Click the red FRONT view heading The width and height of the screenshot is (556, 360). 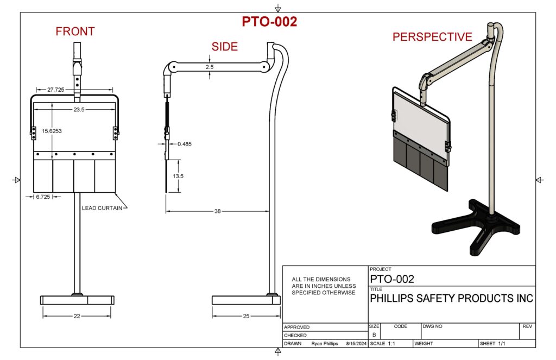(x=75, y=32)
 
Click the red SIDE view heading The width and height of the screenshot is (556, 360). (x=225, y=47)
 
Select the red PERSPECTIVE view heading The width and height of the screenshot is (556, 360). (x=432, y=37)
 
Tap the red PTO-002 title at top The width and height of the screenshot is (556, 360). (x=269, y=22)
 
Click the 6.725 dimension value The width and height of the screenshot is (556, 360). (x=43, y=196)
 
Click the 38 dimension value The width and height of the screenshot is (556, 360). (x=217, y=211)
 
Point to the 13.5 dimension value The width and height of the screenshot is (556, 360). (x=178, y=176)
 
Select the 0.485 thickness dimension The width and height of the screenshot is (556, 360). (x=185, y=144)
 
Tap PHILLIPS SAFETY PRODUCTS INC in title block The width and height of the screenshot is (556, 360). (x=451, y=299)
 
